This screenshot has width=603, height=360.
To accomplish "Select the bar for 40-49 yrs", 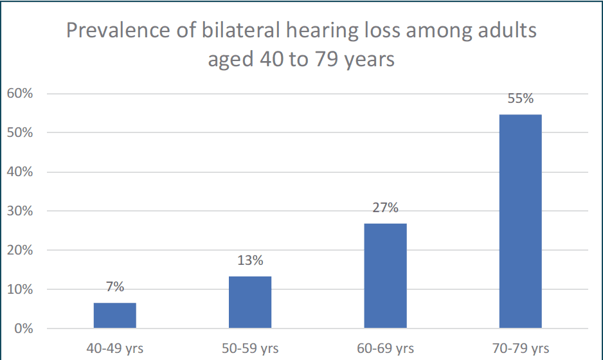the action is tap(114, 316).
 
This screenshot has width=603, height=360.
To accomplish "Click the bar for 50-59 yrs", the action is tap(250, 302).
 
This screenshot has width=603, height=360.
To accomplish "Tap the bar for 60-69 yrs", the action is tap(385, 276).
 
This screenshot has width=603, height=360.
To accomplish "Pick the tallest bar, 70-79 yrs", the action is tap(520, 221).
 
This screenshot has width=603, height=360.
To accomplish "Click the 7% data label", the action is tap(115, 287).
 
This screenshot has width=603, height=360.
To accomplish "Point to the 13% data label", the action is tap(250, 260).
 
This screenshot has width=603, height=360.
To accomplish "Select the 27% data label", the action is tap(385, 208).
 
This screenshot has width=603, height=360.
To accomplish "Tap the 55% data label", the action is tap(521, 98).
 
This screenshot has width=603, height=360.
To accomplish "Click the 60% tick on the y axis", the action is tap(20, 93).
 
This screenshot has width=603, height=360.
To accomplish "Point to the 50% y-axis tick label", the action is tap(20, 132).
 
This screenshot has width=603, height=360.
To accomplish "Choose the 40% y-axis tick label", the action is tap(20, 172).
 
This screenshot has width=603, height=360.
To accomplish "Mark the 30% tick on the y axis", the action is tap(20, 211).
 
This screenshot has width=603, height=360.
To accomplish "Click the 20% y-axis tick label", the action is tap(20, 250).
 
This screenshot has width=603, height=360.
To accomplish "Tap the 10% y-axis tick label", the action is tap(20, 289).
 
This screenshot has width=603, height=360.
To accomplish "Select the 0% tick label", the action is tap(24, 328).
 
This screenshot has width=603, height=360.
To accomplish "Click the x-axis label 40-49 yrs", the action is tap(114, 348).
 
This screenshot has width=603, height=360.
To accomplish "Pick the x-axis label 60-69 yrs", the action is tap(385, 348).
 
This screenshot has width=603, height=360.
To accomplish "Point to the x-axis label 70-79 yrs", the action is tap(521, 348).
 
